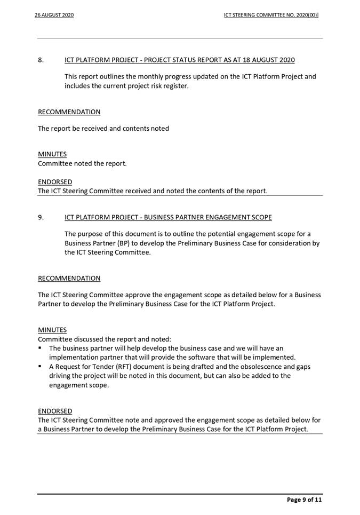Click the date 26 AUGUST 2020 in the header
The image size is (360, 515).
[x=54, y=15]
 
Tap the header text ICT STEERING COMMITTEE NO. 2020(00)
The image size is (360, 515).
[x=271, y=15]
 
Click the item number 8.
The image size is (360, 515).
[x=41, y=60]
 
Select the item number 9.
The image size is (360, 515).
[x=41, y=217]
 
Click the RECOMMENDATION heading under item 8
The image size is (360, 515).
[x=69, y=112]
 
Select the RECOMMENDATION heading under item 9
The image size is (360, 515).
[x=69, y=279]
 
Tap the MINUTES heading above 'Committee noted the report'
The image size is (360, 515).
[x=52, y=154]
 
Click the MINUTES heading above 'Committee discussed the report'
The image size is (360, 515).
[x=52, y=330]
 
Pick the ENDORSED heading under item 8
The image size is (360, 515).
[x=55, y=182]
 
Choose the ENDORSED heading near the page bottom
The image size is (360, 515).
[x=55, y=411]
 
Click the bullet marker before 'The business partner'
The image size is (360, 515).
[x=40, y=348]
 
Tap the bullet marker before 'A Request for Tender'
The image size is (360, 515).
[x=40, y=367]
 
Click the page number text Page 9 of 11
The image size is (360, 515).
[x=304, y=500]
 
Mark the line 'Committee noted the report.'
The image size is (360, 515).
[x=82, y=163]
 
